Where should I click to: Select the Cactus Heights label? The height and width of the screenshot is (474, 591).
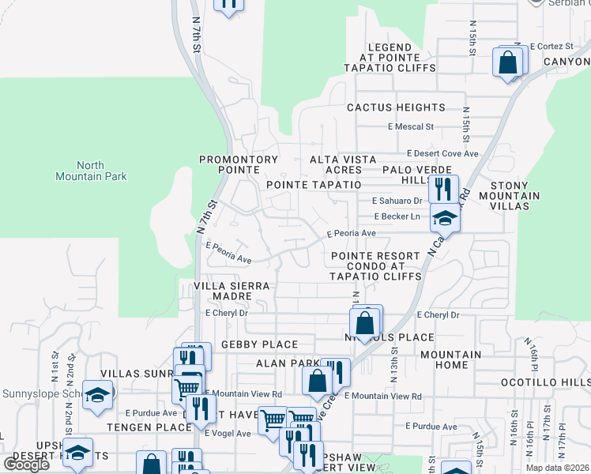click(x=396, y=107)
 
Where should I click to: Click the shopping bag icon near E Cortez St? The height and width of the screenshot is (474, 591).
click(x=508, y=62)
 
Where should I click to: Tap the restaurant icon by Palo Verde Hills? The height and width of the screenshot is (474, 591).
click(x=443, y=189)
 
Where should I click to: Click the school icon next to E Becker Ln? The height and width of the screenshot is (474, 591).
click(x=445, y=218)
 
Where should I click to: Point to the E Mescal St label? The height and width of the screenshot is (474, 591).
click(x=411, y=126)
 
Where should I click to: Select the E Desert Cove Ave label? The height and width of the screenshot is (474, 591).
click(x=443, y=154)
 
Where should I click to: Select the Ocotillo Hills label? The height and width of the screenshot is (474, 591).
click(x=545, y=382)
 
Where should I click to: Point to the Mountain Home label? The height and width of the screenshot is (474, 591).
click(x=450, y=360)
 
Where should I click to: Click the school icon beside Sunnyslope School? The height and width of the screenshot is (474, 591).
click(x=97, y=395)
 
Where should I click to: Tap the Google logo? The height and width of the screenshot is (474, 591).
click(x=26, y=465)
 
